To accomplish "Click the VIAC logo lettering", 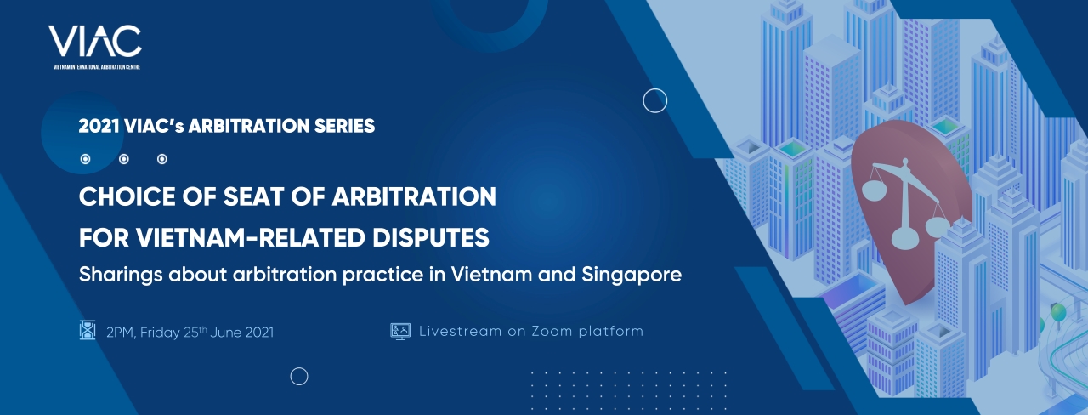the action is tap(94, 41).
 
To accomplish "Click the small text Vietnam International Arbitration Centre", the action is tap(97, 67).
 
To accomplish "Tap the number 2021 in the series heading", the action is tap(99, 126).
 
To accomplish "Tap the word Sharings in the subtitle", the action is tap(120, 275).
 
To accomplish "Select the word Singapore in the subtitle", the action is tap(632, 275).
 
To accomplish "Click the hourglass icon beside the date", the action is tap(88, 330).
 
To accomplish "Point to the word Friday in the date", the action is tap(160, 333).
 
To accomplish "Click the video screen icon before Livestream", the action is tap(400, 331).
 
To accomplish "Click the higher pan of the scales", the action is tap(873, 188).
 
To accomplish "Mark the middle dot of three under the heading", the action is tap(124, 159).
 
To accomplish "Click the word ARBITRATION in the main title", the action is tap(414, 196).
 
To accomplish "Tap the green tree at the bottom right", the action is tap(1059, 312).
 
